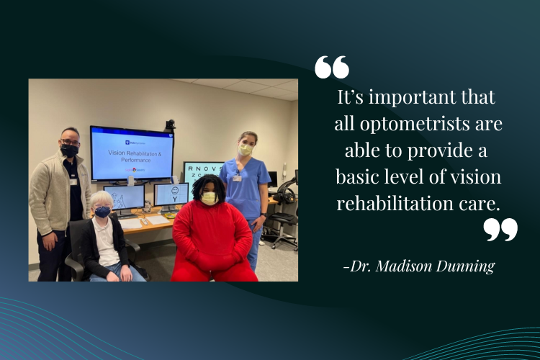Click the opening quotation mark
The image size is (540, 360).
coord(332,67)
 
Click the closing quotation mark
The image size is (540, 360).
coord(500,230)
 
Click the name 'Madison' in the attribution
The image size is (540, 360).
coord(410,266)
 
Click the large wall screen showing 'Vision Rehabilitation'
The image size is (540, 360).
coord(131,153)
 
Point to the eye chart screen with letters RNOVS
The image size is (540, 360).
coord(202,173)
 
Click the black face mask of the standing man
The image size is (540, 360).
coord(70,150)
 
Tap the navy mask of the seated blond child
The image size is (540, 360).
coord(103,212)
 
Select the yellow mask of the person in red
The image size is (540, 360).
coord(209,198)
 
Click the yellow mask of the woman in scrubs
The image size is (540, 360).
coord(246,149)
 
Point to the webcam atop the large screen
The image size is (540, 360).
coord(170,124)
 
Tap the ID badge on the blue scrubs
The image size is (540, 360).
coord(237,177)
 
